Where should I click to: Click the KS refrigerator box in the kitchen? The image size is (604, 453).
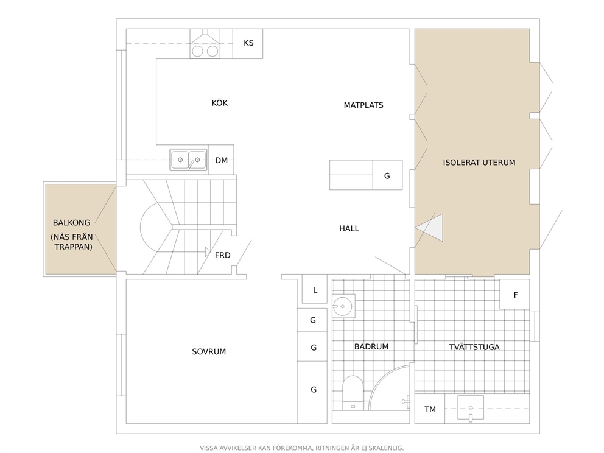point(248,43)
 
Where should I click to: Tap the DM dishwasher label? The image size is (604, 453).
point(222,160)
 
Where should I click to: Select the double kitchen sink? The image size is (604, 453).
point(188,160)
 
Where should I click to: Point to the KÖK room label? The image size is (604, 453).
point(220,103)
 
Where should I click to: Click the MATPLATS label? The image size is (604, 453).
point(363,105)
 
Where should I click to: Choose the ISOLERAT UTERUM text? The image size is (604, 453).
point(479,163)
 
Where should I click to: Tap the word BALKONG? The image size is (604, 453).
point(72,223)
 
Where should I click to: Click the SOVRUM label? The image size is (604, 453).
point(209,352)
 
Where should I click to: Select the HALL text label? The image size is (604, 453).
point(349,228)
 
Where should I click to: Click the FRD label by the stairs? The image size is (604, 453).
point(223,255)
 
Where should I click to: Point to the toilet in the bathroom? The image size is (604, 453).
point(353,393)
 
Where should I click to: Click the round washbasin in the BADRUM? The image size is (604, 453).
point(343,307)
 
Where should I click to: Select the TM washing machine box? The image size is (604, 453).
point(430,409)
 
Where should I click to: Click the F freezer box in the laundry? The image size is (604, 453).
point(515,294)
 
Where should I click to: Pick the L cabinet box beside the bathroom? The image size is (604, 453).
point(315,289)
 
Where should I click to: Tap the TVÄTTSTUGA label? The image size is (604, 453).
point(474,347)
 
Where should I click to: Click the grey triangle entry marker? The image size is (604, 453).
point(432,228)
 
